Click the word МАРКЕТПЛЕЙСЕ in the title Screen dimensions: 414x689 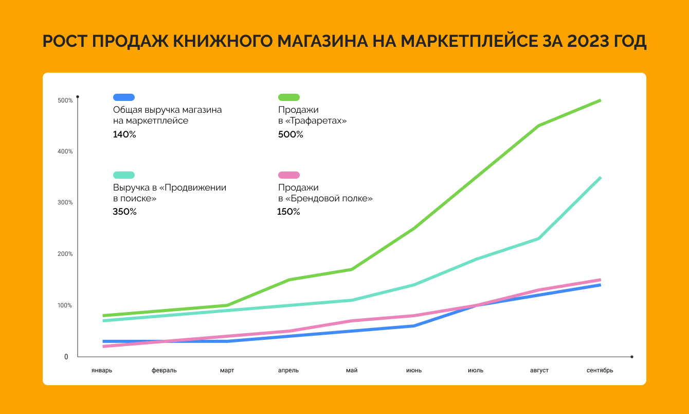(x=467, y=42)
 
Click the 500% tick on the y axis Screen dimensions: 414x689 (x=65, y=100)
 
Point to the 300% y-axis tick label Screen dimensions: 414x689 (x=65, y=202)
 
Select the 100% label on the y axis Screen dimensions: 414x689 (x=65, y=305)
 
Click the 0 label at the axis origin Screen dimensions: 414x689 (x=66, y=357)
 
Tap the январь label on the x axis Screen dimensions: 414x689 (x=102, y=370)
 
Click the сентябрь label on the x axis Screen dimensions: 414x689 (x=600, y=370)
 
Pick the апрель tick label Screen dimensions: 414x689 (x=288, y=370)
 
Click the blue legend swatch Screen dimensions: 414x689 (x=124, y=97)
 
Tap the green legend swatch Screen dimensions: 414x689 (x=289, y=97)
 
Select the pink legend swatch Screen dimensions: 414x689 (x=289, y=175)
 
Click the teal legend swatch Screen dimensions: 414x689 (x=124, y=175)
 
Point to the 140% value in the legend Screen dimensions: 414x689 (x=124, y=134)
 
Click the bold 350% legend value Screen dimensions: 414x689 (x=124, y=212)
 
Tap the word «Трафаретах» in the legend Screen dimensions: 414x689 (x=317, y=121)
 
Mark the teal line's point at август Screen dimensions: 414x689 (x=538, y=238)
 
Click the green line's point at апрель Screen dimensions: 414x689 (x=289, y=280)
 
